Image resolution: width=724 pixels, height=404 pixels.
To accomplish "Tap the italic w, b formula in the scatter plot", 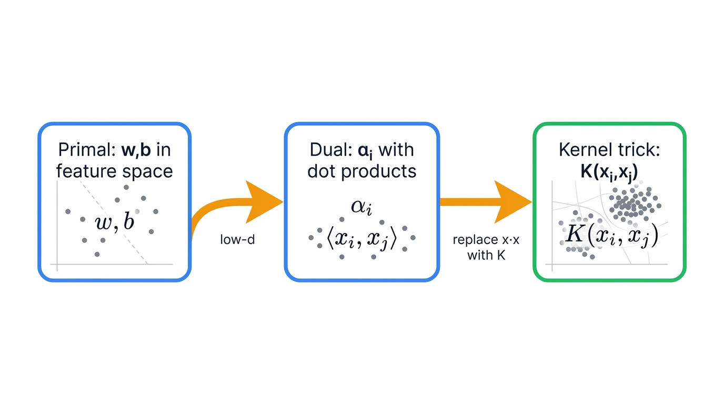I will coord(114,222).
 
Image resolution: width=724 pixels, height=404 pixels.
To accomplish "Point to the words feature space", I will coord(114,171).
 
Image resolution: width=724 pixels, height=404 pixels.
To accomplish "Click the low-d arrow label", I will coord(237,241).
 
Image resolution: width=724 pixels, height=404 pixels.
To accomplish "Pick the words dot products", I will coord(361,171).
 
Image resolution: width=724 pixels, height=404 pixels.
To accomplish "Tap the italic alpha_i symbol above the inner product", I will coord(361,207).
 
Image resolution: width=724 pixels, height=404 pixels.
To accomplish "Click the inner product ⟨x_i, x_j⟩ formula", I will coord(361,239).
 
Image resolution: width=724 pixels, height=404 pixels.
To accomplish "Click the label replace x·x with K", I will coord(486,247).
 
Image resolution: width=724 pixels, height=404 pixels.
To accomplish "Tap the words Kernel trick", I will coord(609,150).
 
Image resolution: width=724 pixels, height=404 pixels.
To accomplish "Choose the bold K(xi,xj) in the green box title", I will coord(609,171).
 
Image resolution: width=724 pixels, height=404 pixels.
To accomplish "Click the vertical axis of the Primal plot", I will coord(57,226).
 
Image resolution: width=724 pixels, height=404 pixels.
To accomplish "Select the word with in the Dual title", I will coord(396,150).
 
